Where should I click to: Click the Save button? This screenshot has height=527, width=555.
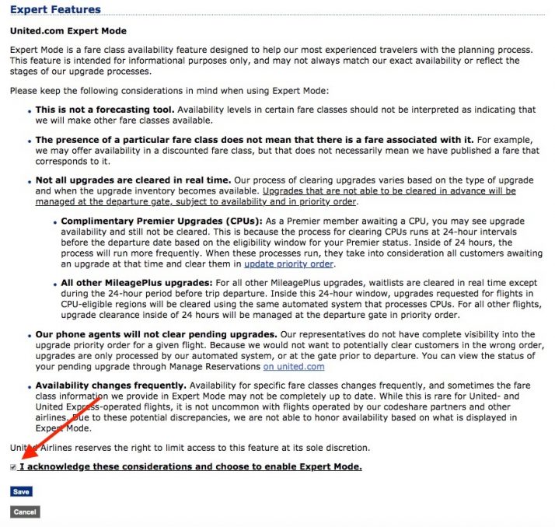21,491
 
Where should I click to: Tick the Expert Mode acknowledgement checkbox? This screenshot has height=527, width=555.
13,467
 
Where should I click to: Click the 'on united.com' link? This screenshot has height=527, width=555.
293,366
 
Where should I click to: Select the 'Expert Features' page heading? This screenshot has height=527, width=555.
55,10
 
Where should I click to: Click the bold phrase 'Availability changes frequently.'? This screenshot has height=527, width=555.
110,385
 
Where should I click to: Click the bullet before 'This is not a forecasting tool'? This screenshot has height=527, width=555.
30,111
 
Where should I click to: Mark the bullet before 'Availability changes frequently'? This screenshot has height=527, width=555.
30,386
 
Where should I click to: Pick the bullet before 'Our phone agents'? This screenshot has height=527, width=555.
30,334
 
